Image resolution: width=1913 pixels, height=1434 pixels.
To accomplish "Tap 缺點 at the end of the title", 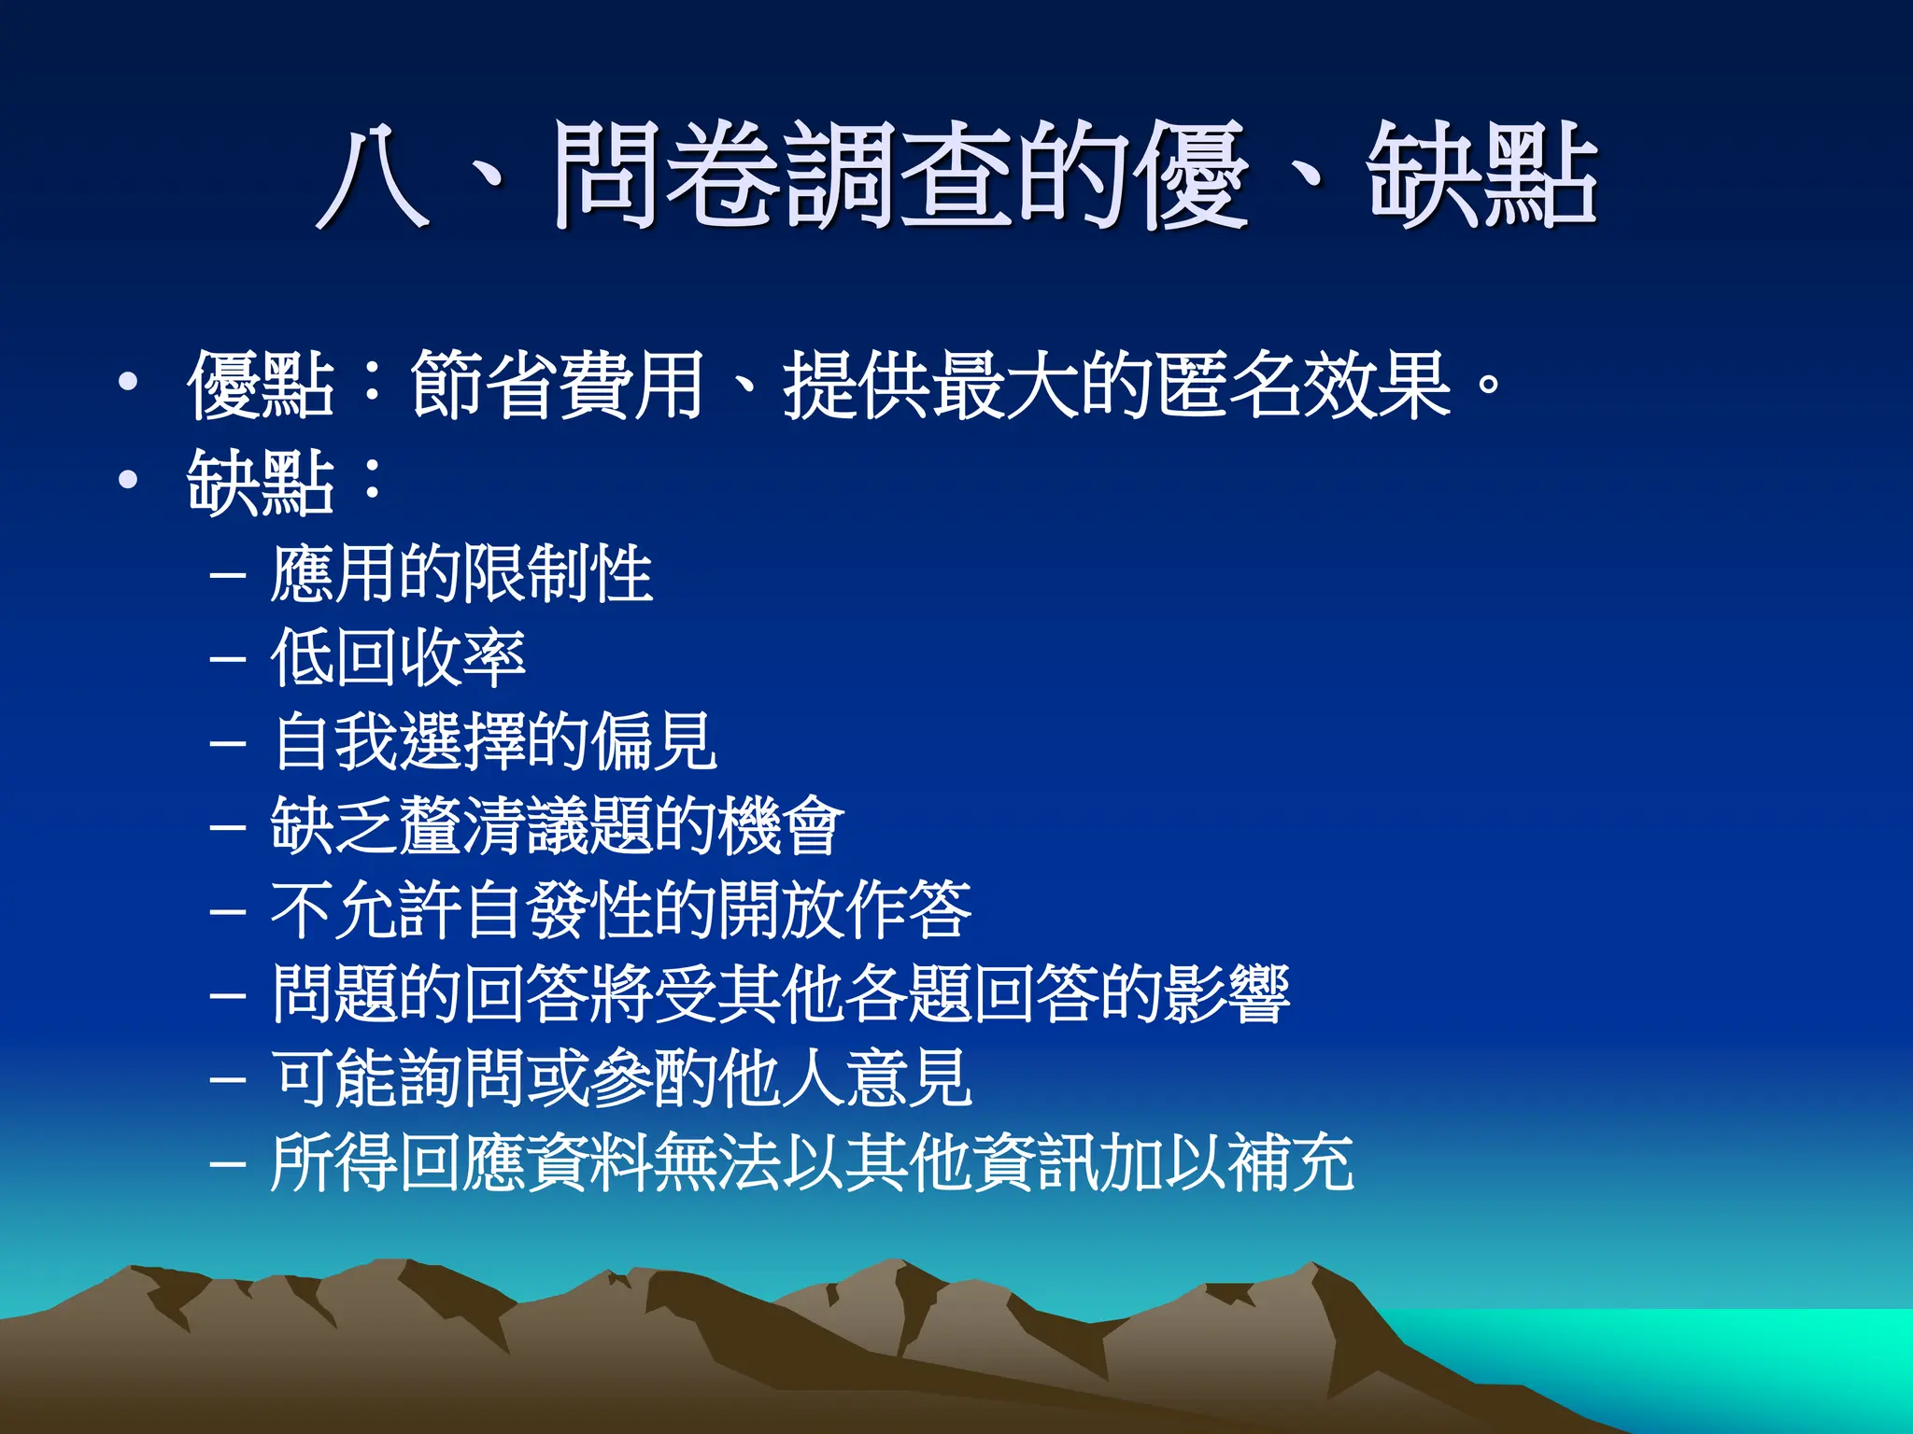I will (x=1481, y=176).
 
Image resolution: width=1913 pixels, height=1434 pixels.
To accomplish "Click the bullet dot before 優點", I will (x=128, y=382).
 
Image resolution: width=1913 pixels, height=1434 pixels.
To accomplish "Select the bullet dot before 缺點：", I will (x=128, y=480).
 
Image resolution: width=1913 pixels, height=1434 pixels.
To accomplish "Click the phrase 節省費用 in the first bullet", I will (x=557, y=385).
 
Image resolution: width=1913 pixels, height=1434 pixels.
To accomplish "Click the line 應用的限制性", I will (x=461, y=573).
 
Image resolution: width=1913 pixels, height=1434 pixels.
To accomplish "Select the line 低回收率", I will (x=398, y=657).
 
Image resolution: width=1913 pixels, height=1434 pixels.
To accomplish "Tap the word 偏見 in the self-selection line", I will (x=656, y=741).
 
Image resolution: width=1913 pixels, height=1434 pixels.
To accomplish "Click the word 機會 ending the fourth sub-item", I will (x=782, y=825).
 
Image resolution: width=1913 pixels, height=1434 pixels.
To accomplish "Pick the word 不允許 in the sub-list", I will (x=366, y=910).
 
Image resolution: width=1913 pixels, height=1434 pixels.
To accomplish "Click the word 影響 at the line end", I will (x=1226, y=994).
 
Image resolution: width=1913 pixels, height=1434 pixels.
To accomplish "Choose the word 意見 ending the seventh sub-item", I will (x=909, y=1078).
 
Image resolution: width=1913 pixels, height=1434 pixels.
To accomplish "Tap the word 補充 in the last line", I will (x=1290, y=1163).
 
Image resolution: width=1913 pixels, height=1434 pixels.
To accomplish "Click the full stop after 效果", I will (x=1490, y=385).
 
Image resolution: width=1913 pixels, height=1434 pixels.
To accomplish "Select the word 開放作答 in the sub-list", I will (x=845, y=910).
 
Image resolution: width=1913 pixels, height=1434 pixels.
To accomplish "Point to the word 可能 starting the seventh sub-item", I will (x=333, y=1078).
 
